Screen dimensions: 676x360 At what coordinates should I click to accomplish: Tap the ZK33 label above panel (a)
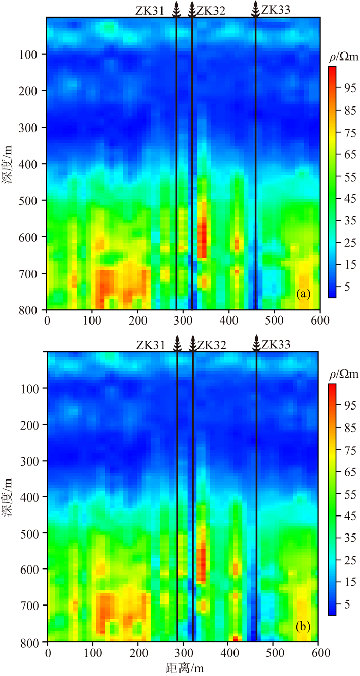[x=275, y=9]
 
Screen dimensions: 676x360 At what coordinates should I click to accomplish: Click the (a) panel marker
[x=303, y=294]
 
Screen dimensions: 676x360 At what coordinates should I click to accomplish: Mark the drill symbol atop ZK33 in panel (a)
[x=255, y=9]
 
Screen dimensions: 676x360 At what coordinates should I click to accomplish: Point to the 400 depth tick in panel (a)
[x=31, y=164]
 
